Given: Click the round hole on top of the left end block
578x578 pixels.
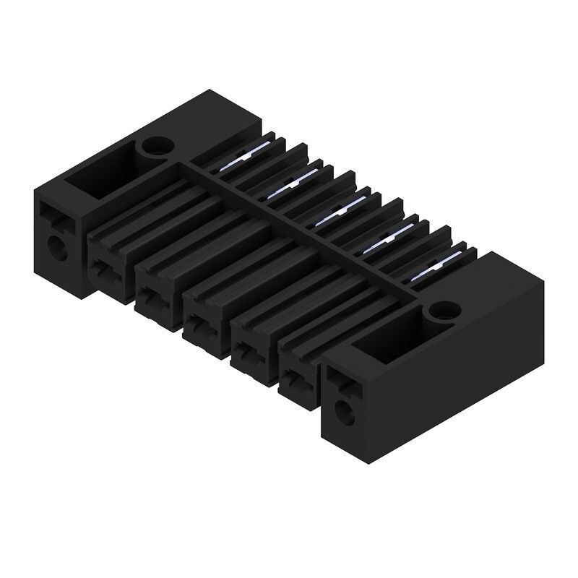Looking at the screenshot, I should point(156,148).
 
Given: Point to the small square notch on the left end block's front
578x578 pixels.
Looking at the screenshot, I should point(49,213).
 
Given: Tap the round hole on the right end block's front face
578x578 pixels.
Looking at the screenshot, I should point(346,414).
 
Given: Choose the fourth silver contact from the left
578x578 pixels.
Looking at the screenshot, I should point(383,243).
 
